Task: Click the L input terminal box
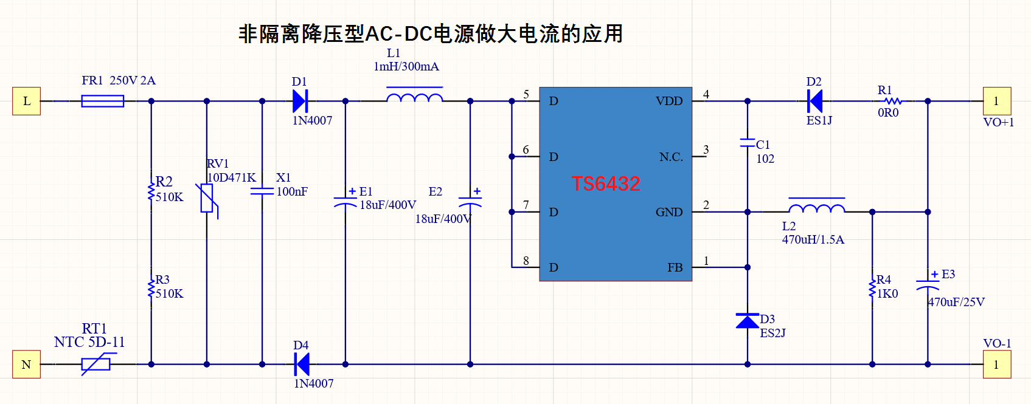point(26,101)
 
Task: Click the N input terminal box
point(26,364)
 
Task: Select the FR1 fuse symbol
point(103,101)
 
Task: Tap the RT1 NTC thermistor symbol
point(96,364)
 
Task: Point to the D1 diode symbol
point(300,101)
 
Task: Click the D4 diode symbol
point(302,364)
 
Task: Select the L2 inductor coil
point(817,205)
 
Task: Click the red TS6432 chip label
point(606,184)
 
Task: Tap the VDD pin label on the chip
point(668,101)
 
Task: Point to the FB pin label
point(675,267)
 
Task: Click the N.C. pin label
point(671,157)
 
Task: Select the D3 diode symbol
point(748,321)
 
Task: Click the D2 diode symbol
point(815,101)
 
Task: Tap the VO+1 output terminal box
point(997,101)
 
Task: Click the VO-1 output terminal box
point(997,364)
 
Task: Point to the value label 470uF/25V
point(956,302)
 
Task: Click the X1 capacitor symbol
point(262,191)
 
